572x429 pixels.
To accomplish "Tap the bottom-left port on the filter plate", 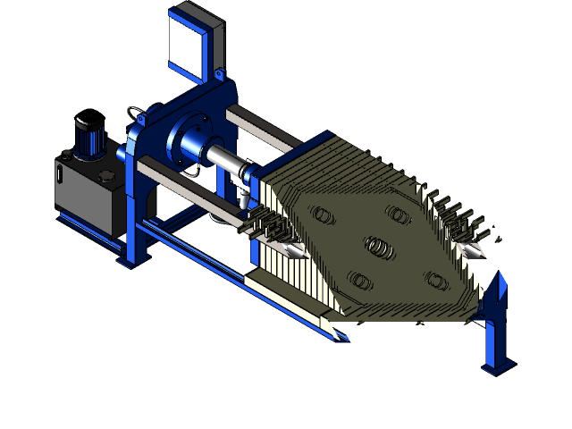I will click(x=360, y=280).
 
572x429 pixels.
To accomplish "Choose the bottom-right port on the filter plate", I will click(x=436, y=280).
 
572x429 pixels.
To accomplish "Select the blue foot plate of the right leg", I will click(x=497, y=366).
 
